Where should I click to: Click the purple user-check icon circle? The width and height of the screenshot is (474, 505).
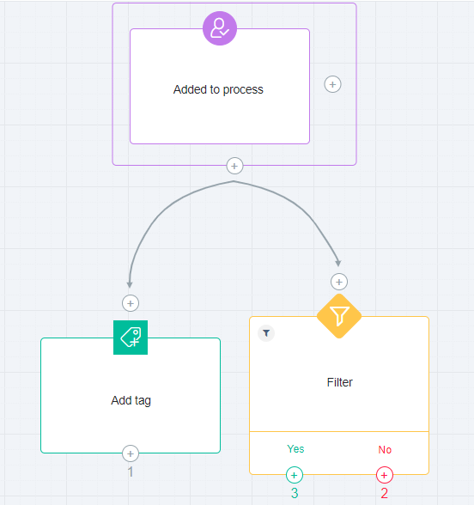coord(220,28)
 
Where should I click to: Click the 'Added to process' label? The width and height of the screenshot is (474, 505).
coord(218,89)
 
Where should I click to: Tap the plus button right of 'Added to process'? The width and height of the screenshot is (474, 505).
coord(332,84)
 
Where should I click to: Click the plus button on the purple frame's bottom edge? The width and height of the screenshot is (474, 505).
coord(234,166)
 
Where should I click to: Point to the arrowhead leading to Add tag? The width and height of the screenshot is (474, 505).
coord(130,285)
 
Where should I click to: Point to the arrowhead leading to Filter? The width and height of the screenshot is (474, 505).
coord(337,263)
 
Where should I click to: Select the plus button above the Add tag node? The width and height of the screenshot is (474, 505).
coord(131,303)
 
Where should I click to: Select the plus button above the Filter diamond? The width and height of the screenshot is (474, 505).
coord(339,282)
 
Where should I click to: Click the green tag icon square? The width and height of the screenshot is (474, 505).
coord(131,338)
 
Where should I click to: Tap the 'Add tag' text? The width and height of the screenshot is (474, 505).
coord(131,400)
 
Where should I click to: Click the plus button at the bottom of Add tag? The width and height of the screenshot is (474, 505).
coord(131,453)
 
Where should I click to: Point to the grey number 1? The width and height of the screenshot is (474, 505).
coord(131,472)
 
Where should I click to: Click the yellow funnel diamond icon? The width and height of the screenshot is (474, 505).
coord(339,316)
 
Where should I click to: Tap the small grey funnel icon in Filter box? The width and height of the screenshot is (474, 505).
coord(266,333)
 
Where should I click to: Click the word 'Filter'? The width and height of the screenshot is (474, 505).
coord(340,382)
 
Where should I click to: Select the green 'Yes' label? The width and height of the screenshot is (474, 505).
coord(295,448)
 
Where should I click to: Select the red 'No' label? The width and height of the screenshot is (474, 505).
coord(385,449)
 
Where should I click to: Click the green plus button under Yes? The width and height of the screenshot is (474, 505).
coord(295,475)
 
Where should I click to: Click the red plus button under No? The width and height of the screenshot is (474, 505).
coord(385,475)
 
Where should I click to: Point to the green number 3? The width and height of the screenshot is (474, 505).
coord(295,493)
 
